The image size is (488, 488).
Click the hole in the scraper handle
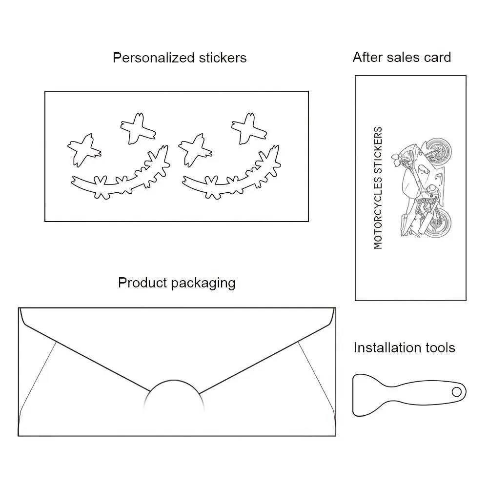click(456, 391)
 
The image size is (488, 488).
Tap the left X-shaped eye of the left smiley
click(83, 148)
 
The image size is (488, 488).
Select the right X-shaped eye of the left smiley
click(138, 128)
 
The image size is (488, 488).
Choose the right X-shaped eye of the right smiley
click(248, 128)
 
